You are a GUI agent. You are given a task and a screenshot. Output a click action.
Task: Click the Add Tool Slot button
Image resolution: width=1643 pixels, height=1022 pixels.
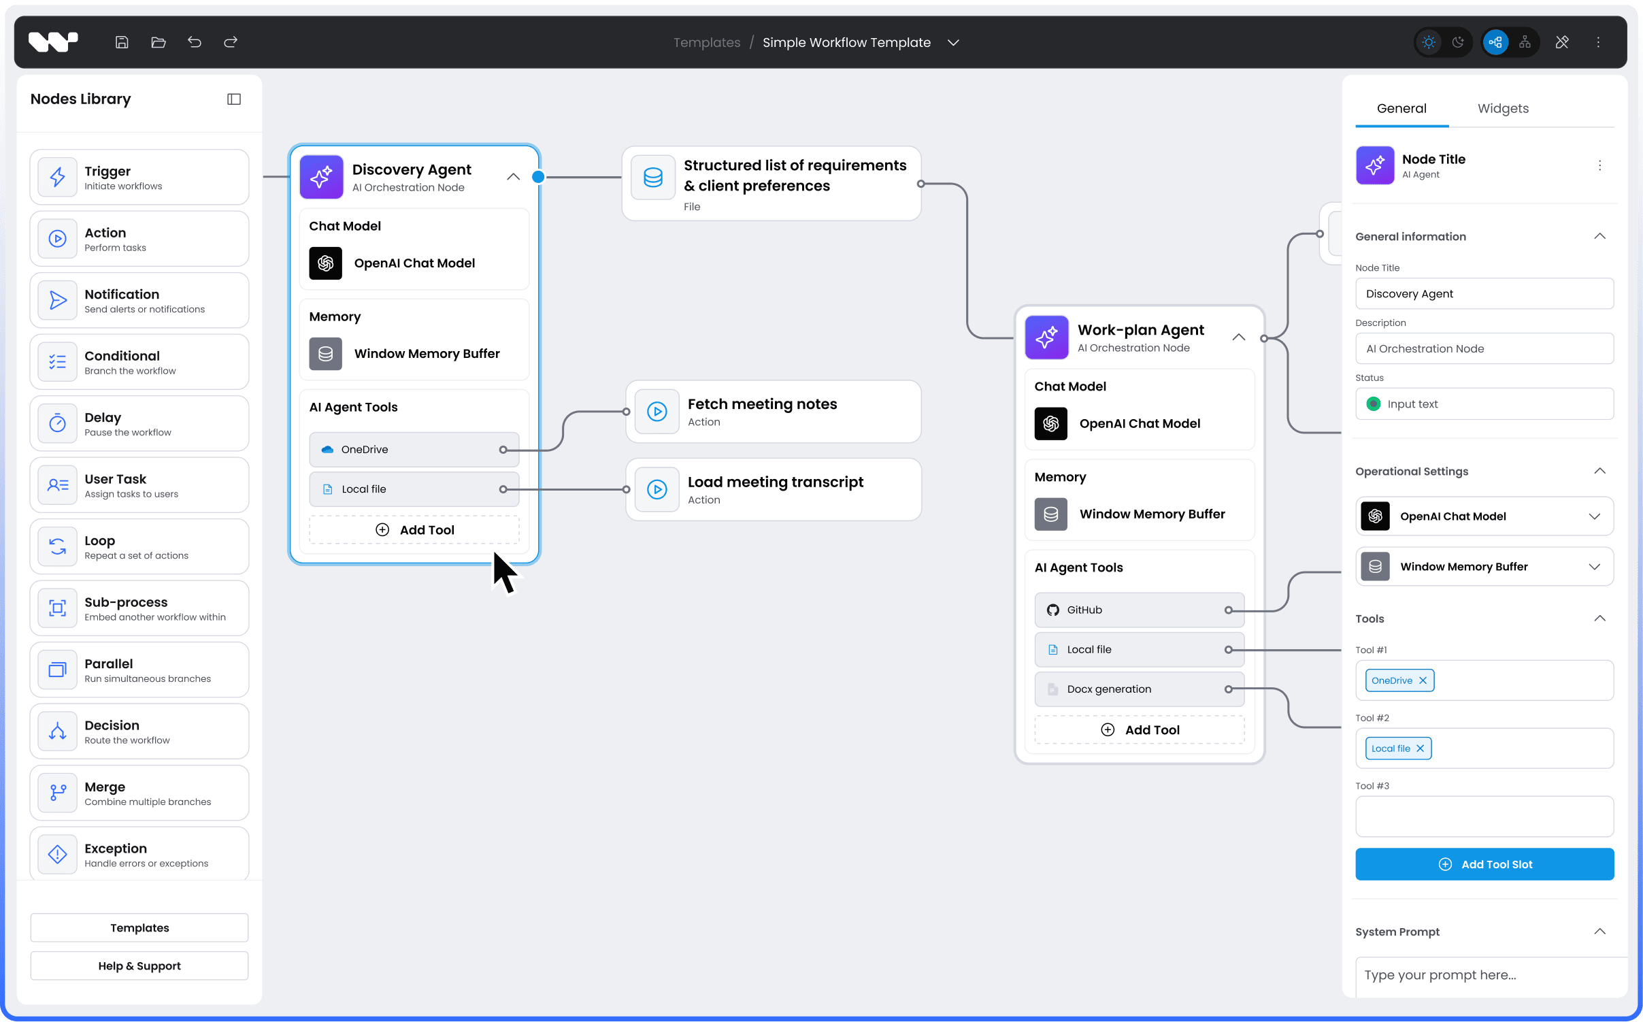click(1484, 864)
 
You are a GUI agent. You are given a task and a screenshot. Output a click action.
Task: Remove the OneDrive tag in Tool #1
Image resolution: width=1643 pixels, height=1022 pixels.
click(1423, 680)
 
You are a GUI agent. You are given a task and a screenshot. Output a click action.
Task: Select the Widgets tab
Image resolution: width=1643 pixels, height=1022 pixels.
click(1502, 108)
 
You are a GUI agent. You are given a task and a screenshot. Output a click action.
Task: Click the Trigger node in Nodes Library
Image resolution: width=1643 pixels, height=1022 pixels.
click(139, 178)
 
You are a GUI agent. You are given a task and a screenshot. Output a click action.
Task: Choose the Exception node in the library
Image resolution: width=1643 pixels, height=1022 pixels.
click(139, 855)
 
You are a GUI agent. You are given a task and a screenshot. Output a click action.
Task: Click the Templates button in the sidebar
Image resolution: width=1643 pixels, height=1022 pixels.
click(139, 928)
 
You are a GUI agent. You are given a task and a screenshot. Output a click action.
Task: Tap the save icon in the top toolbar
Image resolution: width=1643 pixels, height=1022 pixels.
click(122, 42)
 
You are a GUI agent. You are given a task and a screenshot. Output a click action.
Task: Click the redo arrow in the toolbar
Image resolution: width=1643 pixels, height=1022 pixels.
click(231, 42)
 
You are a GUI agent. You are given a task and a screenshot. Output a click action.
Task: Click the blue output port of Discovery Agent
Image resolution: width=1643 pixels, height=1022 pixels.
click(538, 177)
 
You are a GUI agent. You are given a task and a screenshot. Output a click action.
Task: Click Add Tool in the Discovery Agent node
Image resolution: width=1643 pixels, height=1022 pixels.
click(414, 530)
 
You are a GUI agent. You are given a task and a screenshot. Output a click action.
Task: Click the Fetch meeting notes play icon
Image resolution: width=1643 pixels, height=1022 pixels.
click(657, 412)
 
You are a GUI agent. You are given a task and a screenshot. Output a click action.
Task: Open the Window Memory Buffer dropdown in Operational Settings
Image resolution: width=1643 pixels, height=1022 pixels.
click(1594, 567)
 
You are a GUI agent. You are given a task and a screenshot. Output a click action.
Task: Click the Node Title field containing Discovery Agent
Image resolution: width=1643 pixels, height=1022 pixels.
click(1484, 294)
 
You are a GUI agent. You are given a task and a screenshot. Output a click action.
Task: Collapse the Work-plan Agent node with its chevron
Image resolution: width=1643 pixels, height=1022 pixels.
click(1238, 337)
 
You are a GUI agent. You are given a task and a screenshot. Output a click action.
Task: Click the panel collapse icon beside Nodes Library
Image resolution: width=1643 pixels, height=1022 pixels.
click(234, 99)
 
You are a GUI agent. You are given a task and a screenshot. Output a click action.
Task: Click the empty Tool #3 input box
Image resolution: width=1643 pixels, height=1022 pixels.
click(1484, 817)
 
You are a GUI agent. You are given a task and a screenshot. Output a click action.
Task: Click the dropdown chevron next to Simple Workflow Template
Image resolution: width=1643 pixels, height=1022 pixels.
click(953, 42)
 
